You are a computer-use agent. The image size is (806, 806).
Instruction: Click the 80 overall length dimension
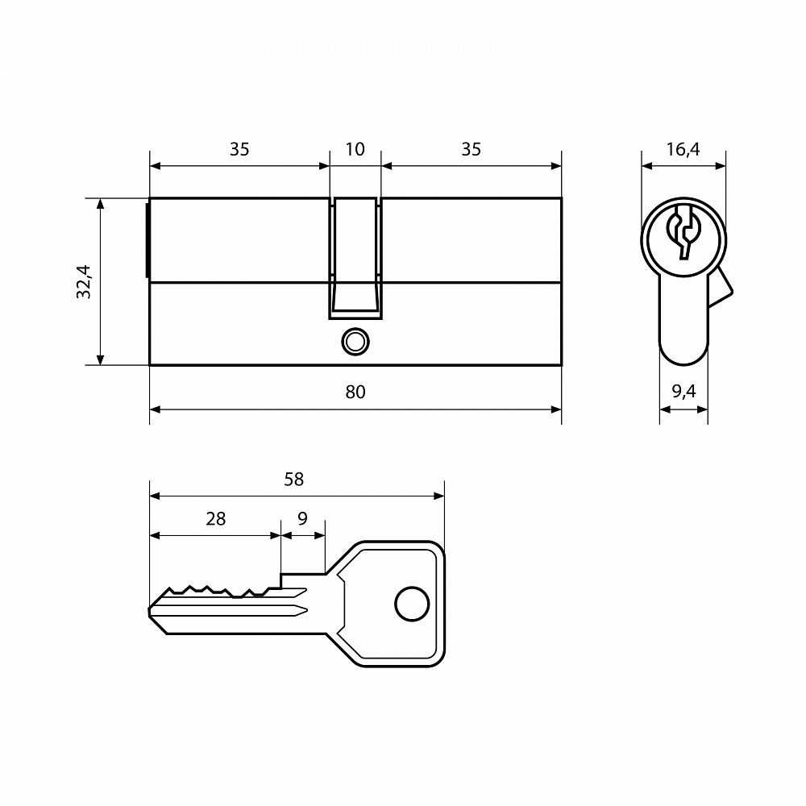(x=355, y=393)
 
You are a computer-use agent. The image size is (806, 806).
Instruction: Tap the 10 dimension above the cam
(x=355, y=150)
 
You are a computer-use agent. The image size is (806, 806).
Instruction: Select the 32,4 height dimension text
(x=83, y=281)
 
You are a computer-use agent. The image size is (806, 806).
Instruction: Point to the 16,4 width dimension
(x=683, y=150)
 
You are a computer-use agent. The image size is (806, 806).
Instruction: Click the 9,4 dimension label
(x=683, y=392)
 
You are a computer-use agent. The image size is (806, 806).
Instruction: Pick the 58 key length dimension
(x=294, y=480)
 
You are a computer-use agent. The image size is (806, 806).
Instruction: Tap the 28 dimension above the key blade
(x=216, y=519)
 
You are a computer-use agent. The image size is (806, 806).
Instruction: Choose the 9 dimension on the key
(x=303, y=518)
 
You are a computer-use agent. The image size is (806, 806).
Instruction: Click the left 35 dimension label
(x=239, y=150)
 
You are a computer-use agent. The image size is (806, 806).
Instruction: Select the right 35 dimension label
(x=471, y=150)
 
